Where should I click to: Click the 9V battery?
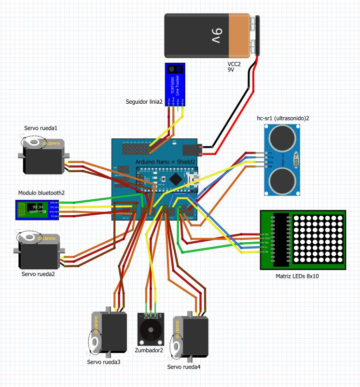[211, 36]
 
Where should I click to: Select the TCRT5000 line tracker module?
[176, 84]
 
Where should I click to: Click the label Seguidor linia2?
[144, 102]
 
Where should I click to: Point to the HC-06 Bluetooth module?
[37, 209]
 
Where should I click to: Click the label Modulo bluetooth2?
[42, 193]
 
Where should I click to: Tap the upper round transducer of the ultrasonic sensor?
[282, 138]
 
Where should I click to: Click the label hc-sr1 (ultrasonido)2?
[283, 118]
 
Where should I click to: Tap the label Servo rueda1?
[41, 128]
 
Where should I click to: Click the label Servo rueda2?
[38, 274]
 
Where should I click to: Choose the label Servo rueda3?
[103, 361]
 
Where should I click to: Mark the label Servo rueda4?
[183, 367]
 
